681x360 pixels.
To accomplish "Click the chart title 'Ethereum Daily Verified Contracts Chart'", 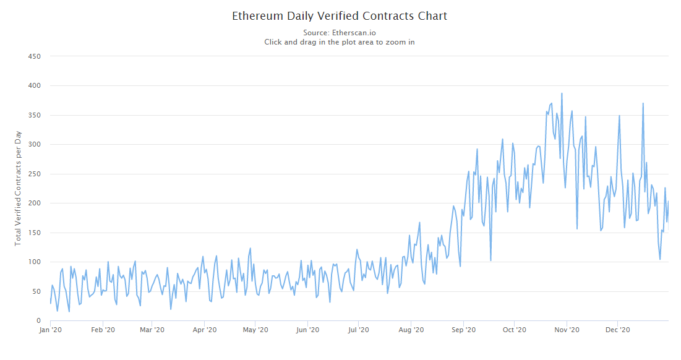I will click(340, 16).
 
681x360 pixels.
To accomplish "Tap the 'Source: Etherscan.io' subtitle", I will click(340, 32).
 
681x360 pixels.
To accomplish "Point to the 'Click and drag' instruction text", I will click(340, 42).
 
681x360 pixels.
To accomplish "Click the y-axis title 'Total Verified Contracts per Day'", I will click(18, 188).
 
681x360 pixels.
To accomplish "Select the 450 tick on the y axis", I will click(35, 56).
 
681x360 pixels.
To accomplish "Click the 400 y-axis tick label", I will click(35, 85).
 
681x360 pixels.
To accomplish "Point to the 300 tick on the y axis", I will click(35, 144).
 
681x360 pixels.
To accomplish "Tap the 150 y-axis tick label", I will click(35, 233).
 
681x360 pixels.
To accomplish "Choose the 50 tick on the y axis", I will click(36, 291).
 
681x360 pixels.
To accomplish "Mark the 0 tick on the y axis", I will click(38, 321).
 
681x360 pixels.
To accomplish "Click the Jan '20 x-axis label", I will click(51, 330).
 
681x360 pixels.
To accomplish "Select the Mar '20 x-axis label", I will click(152, 330).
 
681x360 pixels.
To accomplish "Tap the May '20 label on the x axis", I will click(255, 330).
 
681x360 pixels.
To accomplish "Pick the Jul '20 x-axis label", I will click(359, 330).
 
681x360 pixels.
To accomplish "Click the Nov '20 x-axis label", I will click(567, 330).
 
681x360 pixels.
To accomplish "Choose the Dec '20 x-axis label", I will click(617, 330).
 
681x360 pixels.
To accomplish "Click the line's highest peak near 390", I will click(562, 93).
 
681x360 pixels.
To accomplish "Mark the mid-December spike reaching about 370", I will click(643, 103).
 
